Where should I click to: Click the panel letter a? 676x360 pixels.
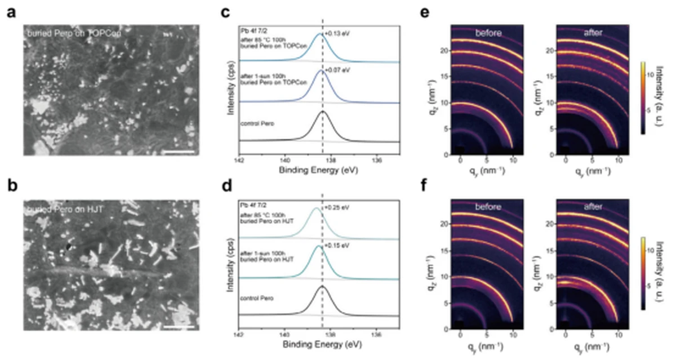coord(11,12)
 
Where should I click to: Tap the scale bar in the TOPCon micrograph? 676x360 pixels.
coord(180,152)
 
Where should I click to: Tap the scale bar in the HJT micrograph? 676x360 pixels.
coord(180,326)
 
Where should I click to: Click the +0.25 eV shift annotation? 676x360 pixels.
coord(337,207)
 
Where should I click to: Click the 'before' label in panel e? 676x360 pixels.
coord(488,33)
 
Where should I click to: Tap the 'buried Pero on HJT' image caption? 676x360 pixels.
coord(56,211)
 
